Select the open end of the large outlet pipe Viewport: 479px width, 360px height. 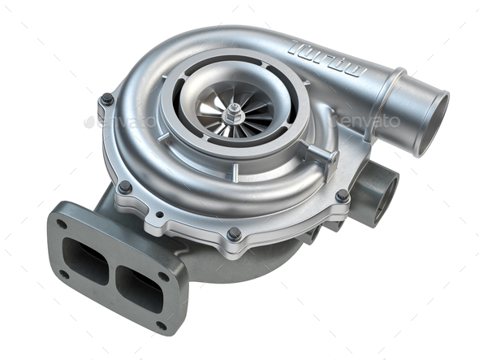click(x=429, y=122)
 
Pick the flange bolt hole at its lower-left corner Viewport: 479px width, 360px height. click(x=63, y=274)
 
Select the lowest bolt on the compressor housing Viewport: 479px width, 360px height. click(x=234, y=233)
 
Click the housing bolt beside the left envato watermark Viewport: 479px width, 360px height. click(x=106, y=99)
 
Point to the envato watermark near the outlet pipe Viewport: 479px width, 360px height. click(x=370, y=121)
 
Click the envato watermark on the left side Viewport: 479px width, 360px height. click(x=122, y=122)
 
